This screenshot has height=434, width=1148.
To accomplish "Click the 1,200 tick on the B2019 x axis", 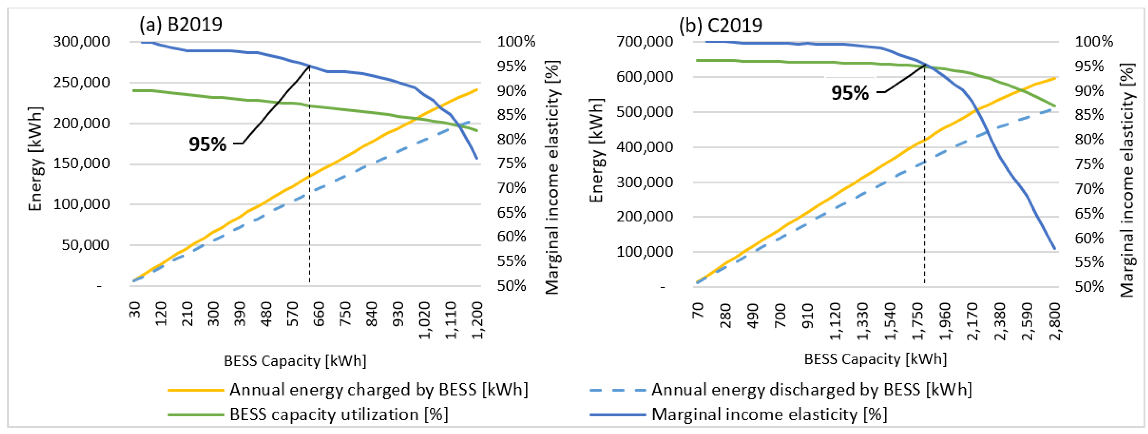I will [477, 320].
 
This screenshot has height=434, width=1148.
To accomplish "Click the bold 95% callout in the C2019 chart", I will [850, 93].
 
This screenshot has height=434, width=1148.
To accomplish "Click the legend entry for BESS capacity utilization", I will [307, 415].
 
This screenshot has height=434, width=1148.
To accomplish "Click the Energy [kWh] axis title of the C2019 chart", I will [596, 150].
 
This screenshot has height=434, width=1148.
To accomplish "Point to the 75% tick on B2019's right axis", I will [512, 164].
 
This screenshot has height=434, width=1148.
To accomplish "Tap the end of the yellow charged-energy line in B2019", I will [477, 90].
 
